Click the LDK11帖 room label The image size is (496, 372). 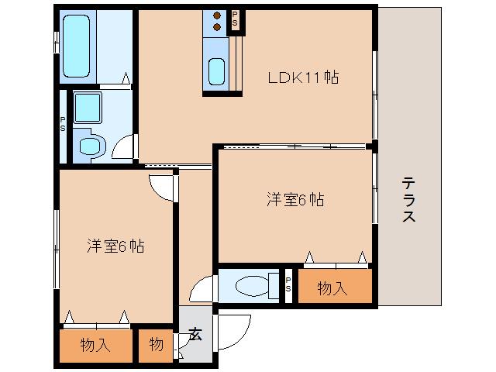pos(303,77)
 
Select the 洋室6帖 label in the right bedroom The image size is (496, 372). pos(294,199)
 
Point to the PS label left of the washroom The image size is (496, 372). pos(63,124)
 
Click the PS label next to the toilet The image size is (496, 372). pos(288,285)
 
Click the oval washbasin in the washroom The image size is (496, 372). pos(91,145)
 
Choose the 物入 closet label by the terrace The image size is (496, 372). pos(332,288)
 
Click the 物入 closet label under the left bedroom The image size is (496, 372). pos(95,345)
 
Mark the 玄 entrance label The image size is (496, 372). pos(195,335)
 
